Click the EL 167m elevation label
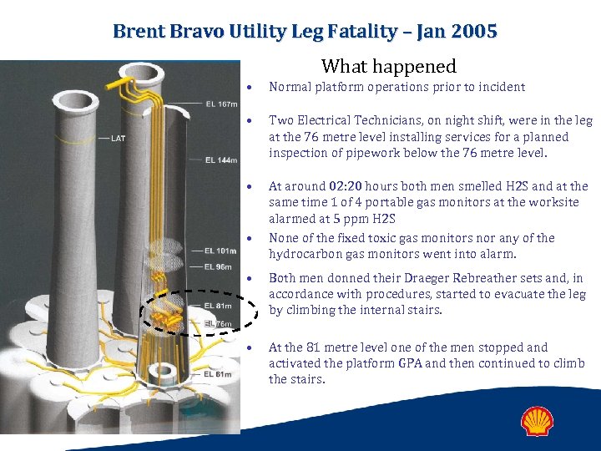220,104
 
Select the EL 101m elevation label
220,250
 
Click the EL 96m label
219,267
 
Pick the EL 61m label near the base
219,374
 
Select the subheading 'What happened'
389,66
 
